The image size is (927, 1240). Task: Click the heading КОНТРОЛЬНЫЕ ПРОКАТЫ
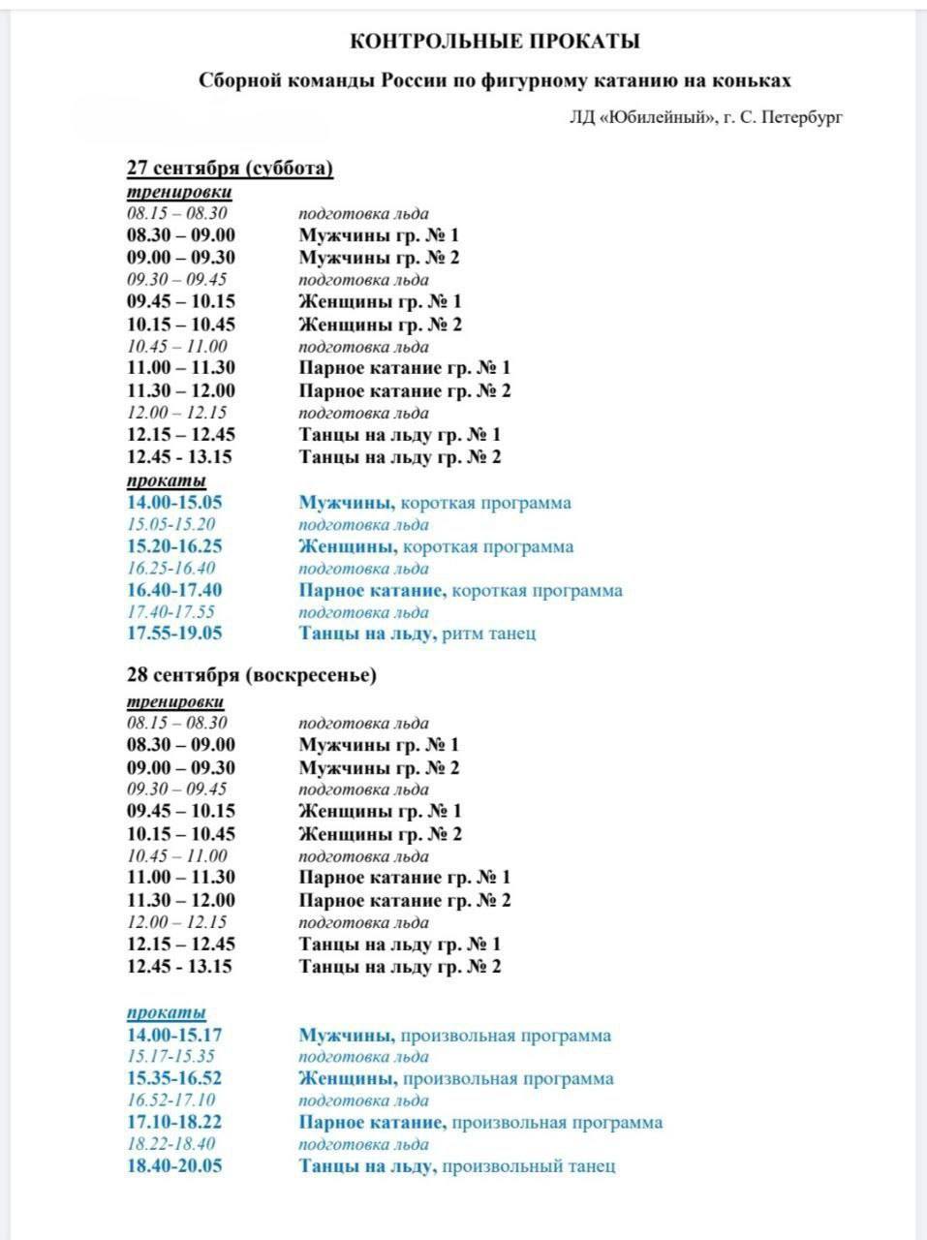(x=494, y=42)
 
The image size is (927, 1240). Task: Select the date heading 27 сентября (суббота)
(x=231, y=168)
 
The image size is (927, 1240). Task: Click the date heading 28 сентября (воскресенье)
(x=252, y=675)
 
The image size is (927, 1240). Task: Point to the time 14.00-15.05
(x=174, y=503)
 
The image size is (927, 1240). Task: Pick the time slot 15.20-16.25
(x=174, y=546)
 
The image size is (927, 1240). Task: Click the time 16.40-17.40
(x=174, y=590)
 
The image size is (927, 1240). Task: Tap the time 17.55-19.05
(x=174, y=634)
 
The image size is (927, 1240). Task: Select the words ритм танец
(x=488, y=634)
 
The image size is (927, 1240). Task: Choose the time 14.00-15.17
(x=174, y=1035)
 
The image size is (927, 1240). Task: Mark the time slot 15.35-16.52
(x=174, y=1078)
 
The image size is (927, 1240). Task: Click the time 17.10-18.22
(x=174, y=1122)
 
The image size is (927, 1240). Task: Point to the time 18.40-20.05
(x=174, y=1165)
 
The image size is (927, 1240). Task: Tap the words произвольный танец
(x=528, y=1165)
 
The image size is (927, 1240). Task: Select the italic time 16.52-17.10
(x=171, y=1100)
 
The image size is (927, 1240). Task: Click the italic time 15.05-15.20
(x=171, y=525)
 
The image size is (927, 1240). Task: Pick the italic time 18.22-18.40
(x=171, y=1144)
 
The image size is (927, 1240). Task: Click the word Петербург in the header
(x=803, y=117)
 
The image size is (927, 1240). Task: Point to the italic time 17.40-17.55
(x=171, y=612)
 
